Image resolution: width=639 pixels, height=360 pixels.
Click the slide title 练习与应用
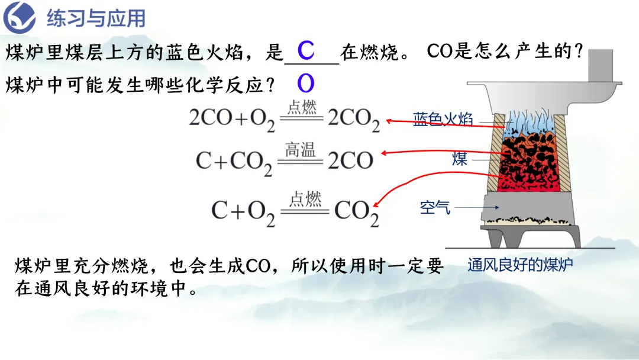pyautogui.click(x=96, y=19)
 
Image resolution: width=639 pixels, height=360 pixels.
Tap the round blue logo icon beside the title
pyautogui.click(x=20, y=18)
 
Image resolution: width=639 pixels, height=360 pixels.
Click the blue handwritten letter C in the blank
pyautogui.click(x=305, y=52)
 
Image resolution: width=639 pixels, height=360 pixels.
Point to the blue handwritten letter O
pyautogui.click(x=305, y=84)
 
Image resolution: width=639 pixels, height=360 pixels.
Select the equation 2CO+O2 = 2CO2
pyautogui.click(x=285, y=118)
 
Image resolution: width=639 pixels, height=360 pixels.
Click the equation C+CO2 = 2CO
pyautogui.click(x=285, y=159)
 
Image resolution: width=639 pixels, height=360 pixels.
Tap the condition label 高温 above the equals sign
pyautogui.click(x=300, y=150)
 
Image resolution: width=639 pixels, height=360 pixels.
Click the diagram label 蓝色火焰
pyautogui.click(x=443, y=120)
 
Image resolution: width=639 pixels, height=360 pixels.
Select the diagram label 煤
pyautogui.click(x=460, y=159)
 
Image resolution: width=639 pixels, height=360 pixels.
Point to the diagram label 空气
pyautogui.click(x=435, y=207)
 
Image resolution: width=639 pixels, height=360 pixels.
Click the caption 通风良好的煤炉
pyautogui.click(x=520, y=265)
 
